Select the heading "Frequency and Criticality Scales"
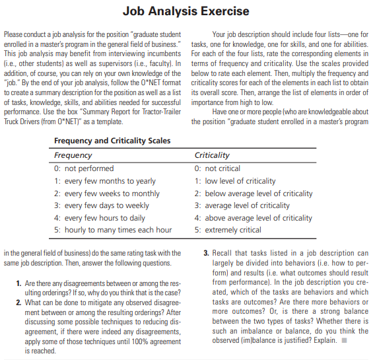pos(112,141)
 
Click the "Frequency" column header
pos(73,155)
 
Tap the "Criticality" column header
pos(213,155)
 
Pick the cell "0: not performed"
pos(84,168)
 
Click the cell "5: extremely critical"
pos(228,230)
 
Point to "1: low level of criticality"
pos(236,181)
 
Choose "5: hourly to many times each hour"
pos(113,230)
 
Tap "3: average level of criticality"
pos(242,205)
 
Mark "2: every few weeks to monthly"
pos(107,193)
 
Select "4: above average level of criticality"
pos(254,217)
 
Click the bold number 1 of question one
pos(18,283)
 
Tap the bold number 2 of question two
pos(18,302)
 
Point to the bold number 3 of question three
pos(206,253)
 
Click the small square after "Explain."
pos(345,341)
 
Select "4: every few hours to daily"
pos(100,217)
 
